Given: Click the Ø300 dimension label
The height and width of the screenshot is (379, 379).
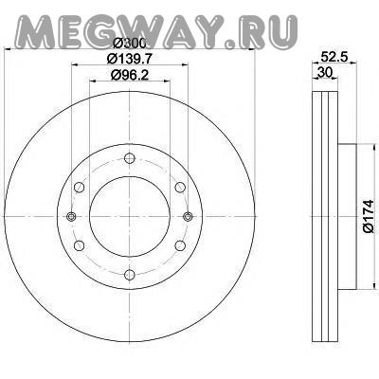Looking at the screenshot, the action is click(130, 44).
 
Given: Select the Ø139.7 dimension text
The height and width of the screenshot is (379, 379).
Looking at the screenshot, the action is click(130, 59).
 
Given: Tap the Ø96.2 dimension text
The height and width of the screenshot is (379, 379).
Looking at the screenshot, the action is click(130, 75).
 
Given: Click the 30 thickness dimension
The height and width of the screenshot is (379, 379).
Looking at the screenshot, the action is click(325, 73).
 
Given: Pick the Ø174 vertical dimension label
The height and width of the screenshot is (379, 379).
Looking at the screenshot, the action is click(369, 216).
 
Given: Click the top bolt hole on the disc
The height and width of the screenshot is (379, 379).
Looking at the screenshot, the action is click(130, 158).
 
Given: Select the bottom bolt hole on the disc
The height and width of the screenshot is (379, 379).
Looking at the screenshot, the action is click(130, 274).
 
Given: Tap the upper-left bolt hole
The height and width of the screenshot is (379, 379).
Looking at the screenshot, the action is click(80, 188).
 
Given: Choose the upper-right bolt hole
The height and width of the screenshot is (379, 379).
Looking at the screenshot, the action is click(180, 188).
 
